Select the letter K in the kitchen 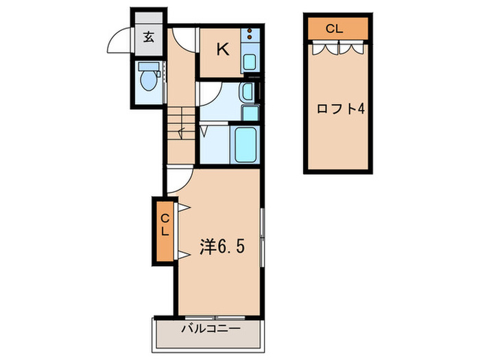pos(222,49)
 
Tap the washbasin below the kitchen pos(248,91)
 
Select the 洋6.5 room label pos(221,245)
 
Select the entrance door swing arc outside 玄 pos(119,43)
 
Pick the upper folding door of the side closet pos(182,207)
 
